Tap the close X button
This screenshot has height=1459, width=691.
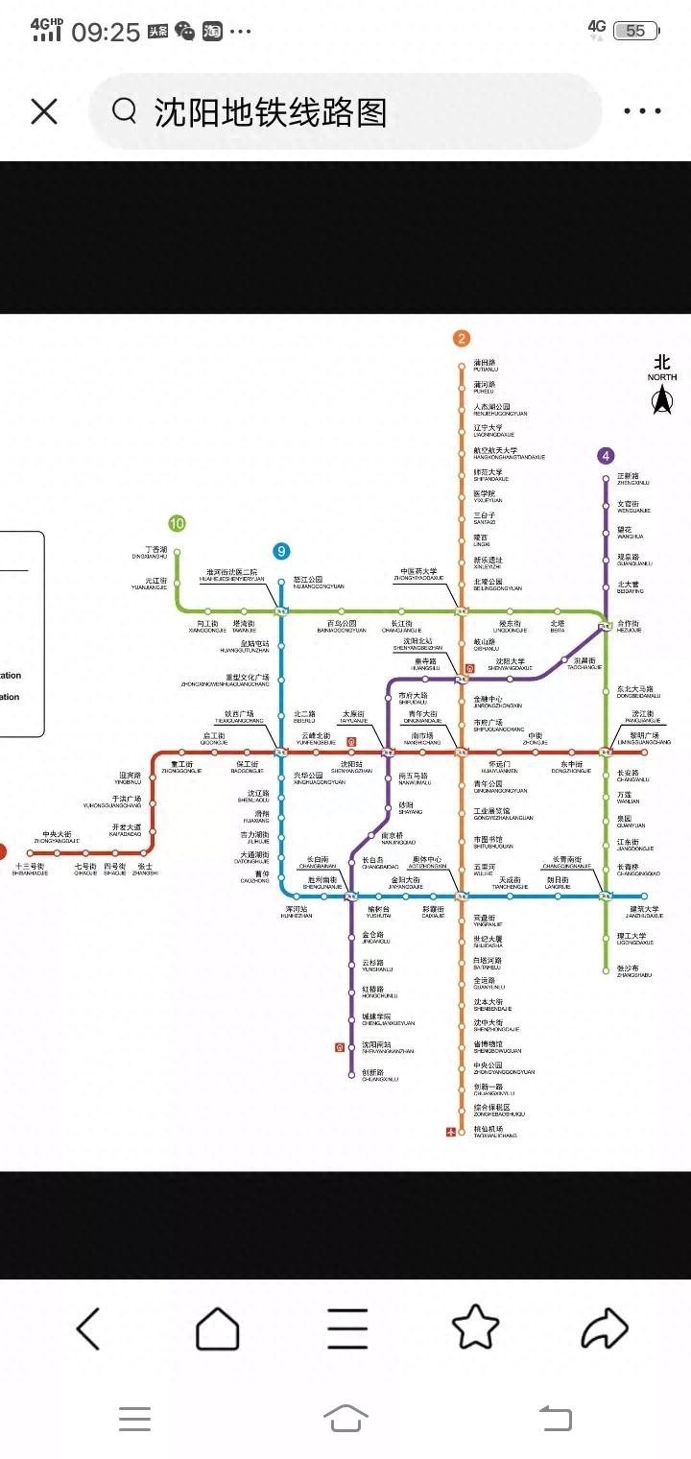pyautogui.click(x=44, y=111)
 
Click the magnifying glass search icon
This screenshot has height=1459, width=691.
pyautogui.click(x=124, y=111)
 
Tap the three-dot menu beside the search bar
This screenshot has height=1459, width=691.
pyautogui.click(x=642, y=111)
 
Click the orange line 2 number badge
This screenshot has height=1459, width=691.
pyautogui.click(x=462, y=338)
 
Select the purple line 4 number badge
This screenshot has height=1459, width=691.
pyautogui.click(x=606, y=456)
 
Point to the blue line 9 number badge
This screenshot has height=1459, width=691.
pyautogui.click(x=281, y=551)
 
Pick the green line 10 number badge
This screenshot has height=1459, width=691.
pyautogui.click(x=177, y=523)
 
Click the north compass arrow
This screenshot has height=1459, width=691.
pyautogui.click(x=661, y=401)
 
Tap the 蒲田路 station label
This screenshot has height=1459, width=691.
pyautogui.click(x=485, y=365)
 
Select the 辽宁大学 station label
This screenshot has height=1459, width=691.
pyautogui.click(x=488, y=429)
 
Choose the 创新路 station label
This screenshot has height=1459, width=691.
pyautogui.click(x=373, y=1074)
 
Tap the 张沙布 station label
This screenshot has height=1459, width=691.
pyautogui.click(x=628, y=969)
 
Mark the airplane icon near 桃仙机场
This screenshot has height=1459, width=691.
pyautogui.click(x=451, y=1132)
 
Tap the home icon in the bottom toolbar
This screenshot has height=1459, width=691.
pyautogui.click(x=218, y=1329)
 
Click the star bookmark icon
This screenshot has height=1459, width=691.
pyautogui.click(x=476, y=1328)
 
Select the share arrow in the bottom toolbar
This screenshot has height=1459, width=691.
pyautogui.click(x=605, y=1329)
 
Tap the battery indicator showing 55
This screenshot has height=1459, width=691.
pyautogui.click(x=636, y=31)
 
